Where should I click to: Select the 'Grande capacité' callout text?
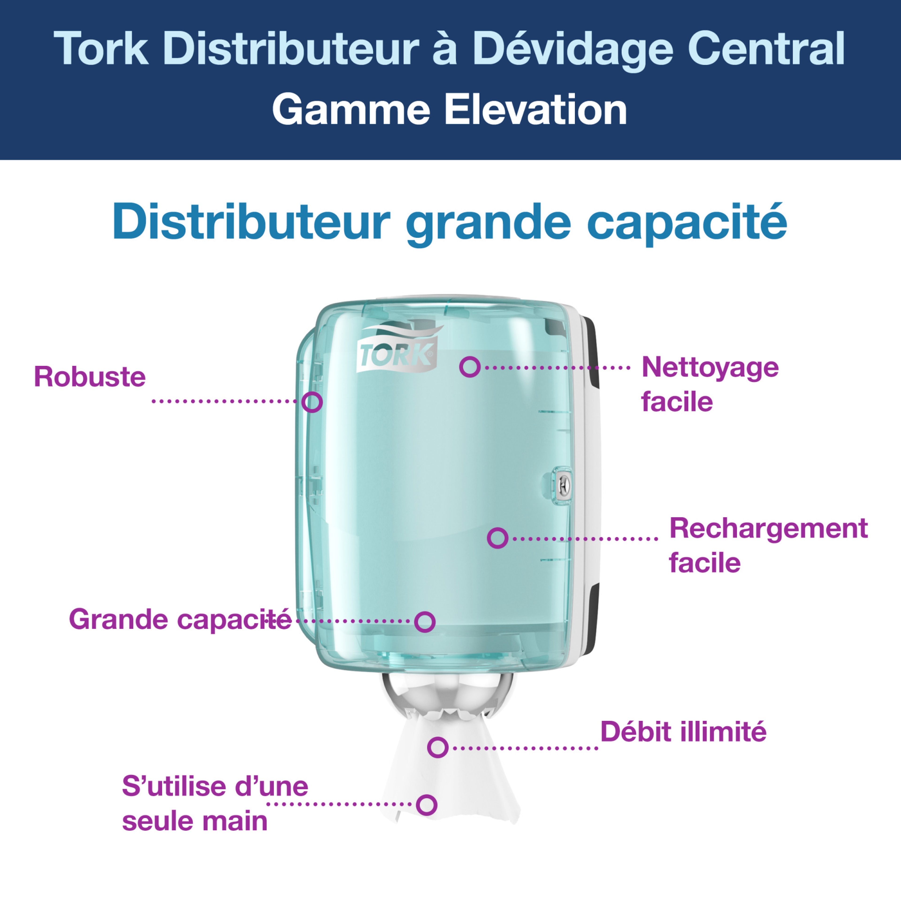(180, 620)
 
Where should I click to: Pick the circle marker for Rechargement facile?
(498, 538)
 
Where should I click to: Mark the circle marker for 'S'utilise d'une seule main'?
(426, 805)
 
